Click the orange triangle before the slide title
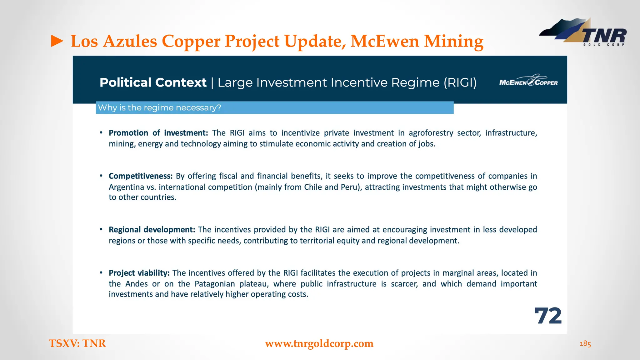coord(57,41)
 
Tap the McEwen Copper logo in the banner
coord(528,81)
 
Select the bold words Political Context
coord(153,82)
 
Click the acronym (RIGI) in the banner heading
coord(460,82)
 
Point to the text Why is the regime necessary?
coord(159,108)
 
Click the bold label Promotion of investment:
coord(158,133)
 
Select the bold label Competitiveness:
coord(141,176)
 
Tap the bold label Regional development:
coord(152,230)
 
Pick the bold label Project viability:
coord(139,273)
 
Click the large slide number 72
coord(548,316)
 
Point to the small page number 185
coord(585,344)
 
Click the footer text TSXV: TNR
coord(77,343)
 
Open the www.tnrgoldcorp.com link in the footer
coord(319,343)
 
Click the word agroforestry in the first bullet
coord(431,133)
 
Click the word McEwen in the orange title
coord(384,41)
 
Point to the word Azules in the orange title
coord(130,41)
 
